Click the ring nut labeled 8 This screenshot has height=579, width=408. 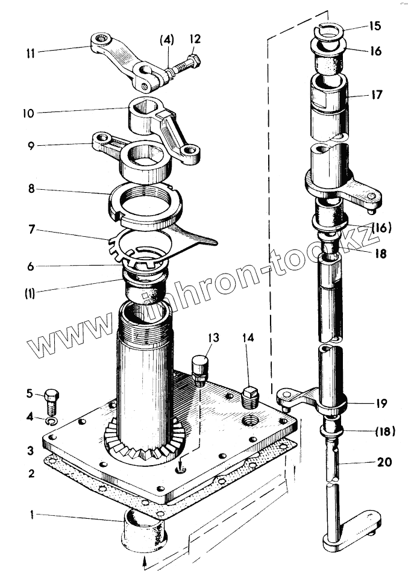click(x=145, y=203)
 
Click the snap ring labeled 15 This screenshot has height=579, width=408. click(x=330, y=28)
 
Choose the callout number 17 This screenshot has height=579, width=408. click(x=377, y=95)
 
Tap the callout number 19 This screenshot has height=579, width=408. click(x=379, y=402)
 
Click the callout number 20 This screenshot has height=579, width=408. click(x=384, y=462)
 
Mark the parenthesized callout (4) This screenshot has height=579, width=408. click(x=166, y=42)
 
